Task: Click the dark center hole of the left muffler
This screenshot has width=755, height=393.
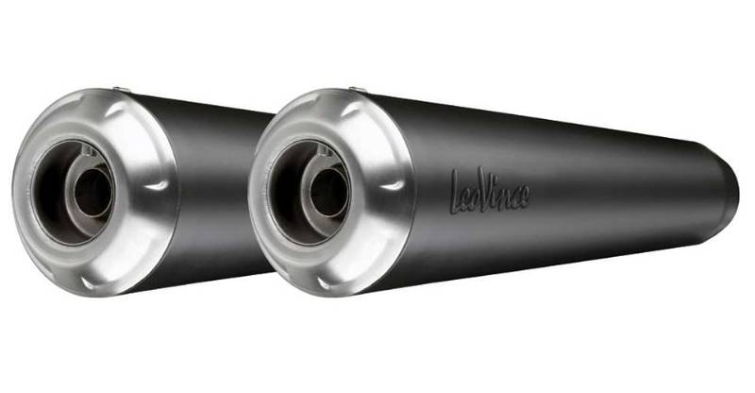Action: (x=92, y=193)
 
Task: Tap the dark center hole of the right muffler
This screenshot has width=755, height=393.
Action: (x=326, y=193)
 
